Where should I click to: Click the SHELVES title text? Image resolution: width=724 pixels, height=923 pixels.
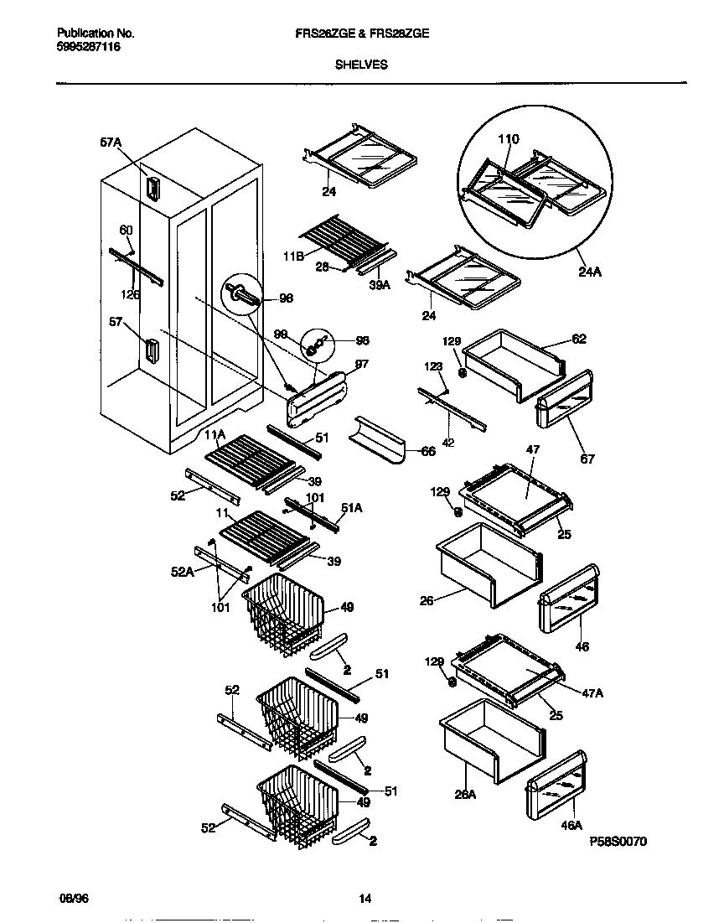click(361, 63)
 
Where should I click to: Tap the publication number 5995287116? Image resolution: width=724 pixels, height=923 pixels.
click(88, 49)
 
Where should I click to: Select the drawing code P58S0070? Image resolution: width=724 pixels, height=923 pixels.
click(618, 841)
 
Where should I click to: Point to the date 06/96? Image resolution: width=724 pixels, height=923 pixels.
click(70, 899)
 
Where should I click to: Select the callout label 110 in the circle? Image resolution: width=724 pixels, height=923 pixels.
click(509, 139)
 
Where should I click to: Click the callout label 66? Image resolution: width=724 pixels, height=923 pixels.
click(427, 451)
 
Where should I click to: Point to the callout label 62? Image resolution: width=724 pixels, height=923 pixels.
click(578, 340)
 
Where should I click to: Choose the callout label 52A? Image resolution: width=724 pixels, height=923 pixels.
click(182, 571)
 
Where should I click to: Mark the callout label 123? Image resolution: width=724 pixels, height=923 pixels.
click(432, 366)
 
